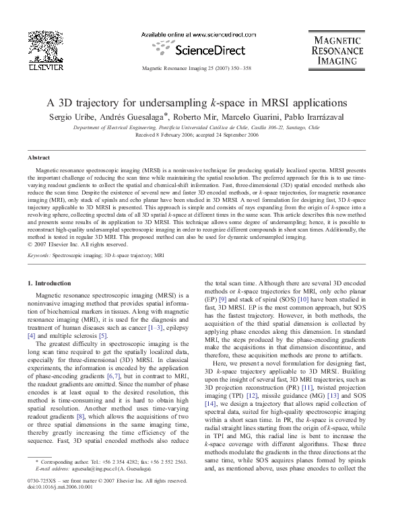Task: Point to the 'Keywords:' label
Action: click(x=39, y=256)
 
